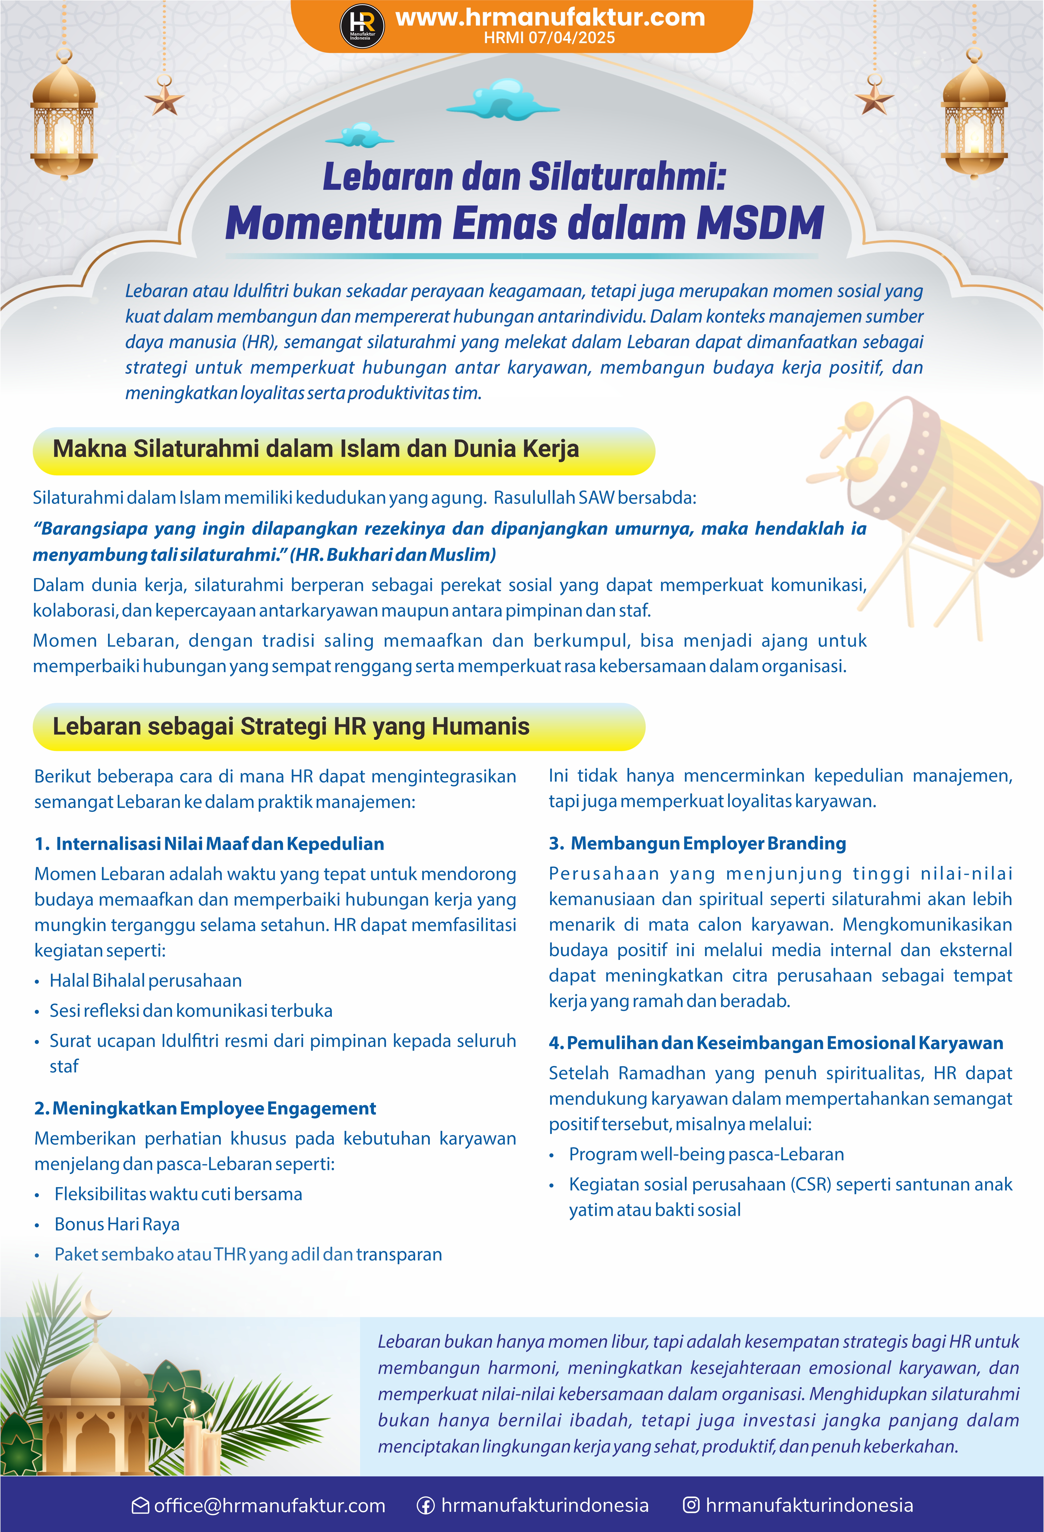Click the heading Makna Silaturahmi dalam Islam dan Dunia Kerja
point(316,449)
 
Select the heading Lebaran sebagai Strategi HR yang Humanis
point(291,726)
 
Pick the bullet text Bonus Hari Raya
point(117,1224)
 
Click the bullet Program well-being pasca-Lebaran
point(706,1154)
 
